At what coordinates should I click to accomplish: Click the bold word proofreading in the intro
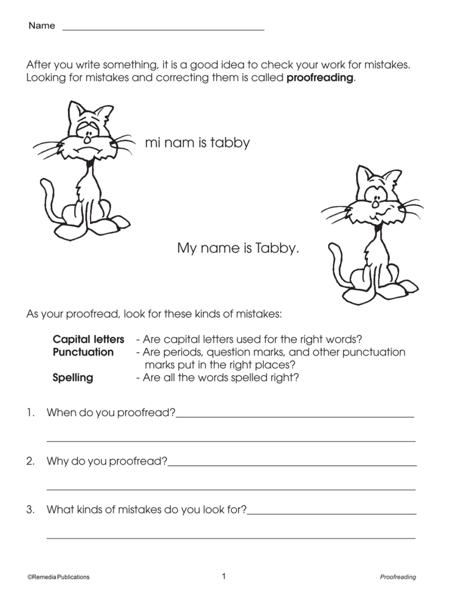click(x=320, y=78)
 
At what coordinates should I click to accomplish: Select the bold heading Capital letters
click(x=89, y=340)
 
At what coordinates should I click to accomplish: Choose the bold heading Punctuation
click(x=83, y=353)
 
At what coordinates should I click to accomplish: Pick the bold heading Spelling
click(x=73, y=378)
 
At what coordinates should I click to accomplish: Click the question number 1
click(x=30, y=413)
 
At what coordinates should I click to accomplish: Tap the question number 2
click(x=30, y=462)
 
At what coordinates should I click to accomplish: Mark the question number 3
click(x=30, y=510)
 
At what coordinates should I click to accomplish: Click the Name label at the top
click(x=42, y=26)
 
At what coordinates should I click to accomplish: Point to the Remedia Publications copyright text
click(x=58, y=577)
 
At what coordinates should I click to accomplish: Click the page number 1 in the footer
click(x=224, y=577)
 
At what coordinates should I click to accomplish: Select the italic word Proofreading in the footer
click(x=398, y=577)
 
